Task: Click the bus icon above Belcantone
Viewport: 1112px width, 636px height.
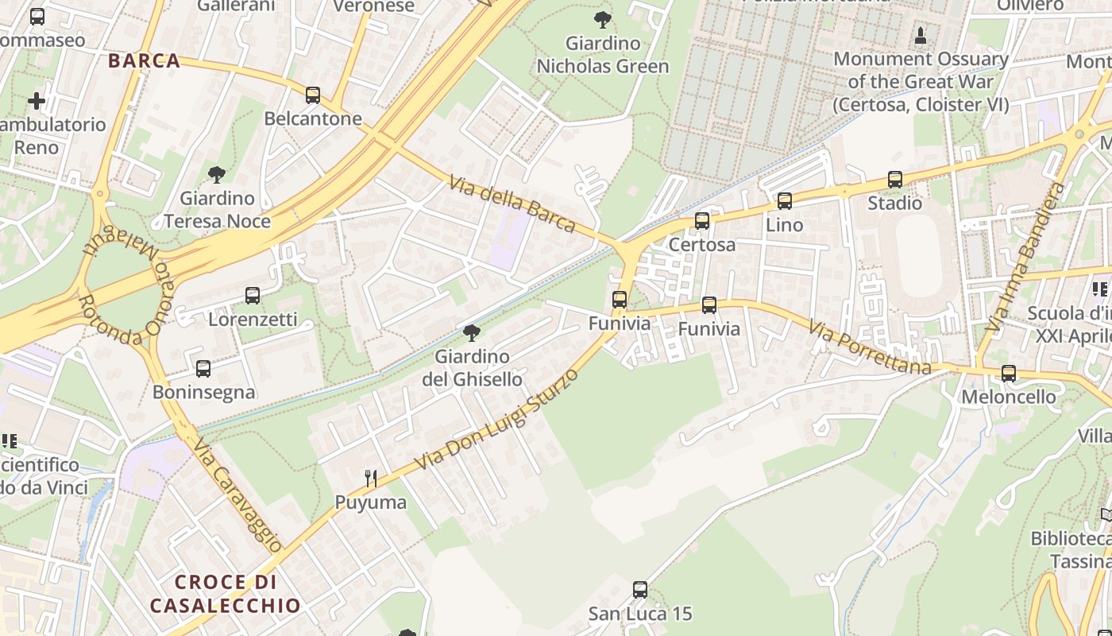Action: click(x=313, y=95)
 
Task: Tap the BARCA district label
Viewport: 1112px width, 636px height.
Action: click(x=144, y=61)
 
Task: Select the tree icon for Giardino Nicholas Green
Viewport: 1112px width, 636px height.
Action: click(x=603, y=20)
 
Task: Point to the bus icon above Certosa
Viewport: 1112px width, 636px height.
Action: click(x=702, y=221)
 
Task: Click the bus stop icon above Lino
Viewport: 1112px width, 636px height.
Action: click(x=785, y=201)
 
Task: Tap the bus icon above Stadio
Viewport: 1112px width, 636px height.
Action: click(x=895, y=180)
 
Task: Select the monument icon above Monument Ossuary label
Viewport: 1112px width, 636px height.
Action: click(x=921, y=36)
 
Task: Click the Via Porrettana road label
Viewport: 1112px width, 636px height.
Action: click(x=870, y=347)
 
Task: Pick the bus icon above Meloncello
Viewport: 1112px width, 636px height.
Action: click(x=1009, y=373)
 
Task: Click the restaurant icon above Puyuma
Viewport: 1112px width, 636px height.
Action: click(x=370, y=478)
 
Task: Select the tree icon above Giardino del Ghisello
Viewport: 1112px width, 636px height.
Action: click(x=472, y=332)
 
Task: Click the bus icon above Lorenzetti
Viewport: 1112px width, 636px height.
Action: click(x=253, y=296)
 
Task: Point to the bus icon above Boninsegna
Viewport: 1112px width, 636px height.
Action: click(x=203, y=369)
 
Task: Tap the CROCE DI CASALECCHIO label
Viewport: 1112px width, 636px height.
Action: click(x=226, y=594)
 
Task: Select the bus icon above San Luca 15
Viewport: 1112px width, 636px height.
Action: click(x=640, y=590)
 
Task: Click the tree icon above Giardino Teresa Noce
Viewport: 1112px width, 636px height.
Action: click(x=216, y=175)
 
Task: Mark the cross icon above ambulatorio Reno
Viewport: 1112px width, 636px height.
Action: click(x=37, y=101)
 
